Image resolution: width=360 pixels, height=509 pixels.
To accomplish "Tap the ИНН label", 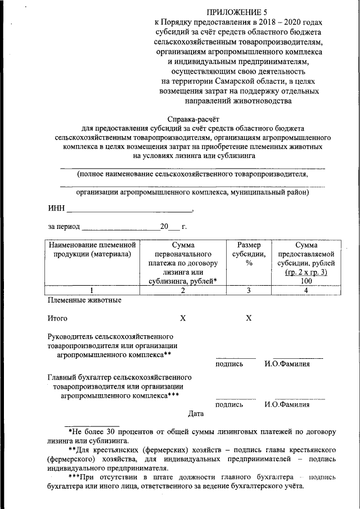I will click(56, 210).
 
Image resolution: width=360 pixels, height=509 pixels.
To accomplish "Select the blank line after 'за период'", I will click(120, 227).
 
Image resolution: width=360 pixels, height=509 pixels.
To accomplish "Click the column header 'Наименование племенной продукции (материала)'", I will click(92, 250).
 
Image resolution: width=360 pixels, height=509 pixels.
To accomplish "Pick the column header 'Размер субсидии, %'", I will click(248, 254).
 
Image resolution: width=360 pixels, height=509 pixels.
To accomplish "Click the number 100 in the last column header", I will click(306, 281).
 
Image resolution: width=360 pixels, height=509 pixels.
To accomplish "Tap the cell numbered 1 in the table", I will click(92, 290).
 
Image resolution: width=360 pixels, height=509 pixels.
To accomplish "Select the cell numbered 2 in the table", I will click(182, 290).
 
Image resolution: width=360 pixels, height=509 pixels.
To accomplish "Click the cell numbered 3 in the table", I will click(248, 290).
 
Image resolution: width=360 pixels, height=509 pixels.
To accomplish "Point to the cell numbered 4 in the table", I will click(306, 290).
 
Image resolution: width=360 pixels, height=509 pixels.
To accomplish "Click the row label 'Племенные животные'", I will click(84, 300).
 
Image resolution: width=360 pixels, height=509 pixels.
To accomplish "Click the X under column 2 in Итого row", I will click(182, 318).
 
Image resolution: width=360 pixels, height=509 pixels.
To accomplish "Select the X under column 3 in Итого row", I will click(248, 318).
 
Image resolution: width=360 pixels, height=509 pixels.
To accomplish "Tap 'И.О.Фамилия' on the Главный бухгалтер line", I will click(287, 404).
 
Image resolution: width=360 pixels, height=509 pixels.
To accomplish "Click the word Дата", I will click(196, 414).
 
